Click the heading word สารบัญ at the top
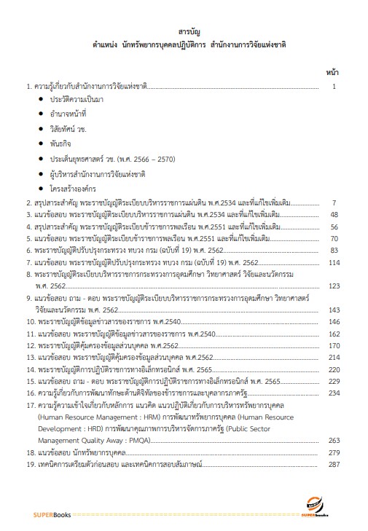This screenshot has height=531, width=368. (x=184, y=34)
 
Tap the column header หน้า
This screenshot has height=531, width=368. (x=332, y=72)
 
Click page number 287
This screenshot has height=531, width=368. (x=334, y=463)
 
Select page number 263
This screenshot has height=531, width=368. (x=334, y=440)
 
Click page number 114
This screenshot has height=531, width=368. (x=334, y=261)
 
